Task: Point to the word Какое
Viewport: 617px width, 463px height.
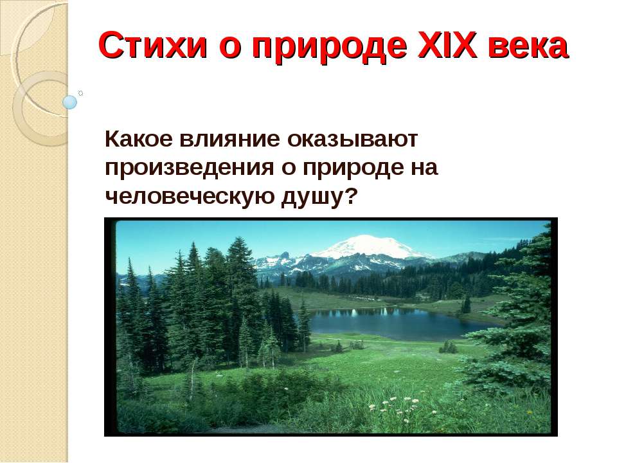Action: pyautogui.click(x=137, y=138)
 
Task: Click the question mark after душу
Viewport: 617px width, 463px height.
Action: pyautogui.click(x=350, y=196)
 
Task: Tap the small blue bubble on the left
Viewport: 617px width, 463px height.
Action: pyautogui.click(x=69, y=102)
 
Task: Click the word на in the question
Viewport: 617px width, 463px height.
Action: pyautogui.click(x=425, y=168)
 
